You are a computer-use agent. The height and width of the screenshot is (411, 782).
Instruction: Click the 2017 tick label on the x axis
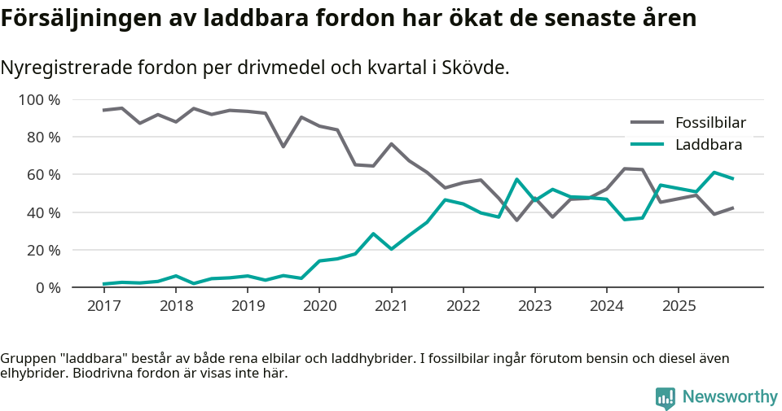click(103, 306)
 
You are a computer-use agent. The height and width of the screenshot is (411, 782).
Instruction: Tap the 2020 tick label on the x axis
click(319, 306)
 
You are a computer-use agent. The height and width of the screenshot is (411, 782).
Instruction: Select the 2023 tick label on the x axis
click(534, 306)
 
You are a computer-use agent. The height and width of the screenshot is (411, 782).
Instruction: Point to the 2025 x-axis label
click(678, 306)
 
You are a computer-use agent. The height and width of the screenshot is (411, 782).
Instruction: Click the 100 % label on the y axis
click(40, 100)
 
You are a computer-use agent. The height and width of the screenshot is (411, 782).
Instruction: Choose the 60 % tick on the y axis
click(43, 175)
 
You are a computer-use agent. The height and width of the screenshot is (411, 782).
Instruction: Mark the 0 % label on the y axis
click(47, 287)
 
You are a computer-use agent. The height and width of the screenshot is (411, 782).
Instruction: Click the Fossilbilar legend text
click(710, 123)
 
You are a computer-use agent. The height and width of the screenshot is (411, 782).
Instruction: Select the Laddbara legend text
click(708, 145)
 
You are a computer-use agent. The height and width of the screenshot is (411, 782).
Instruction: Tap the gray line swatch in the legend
click(648, 123)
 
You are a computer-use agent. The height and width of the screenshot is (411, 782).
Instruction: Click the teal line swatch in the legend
click(648, 145)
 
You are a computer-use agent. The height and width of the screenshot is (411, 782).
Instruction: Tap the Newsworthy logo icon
click(665, 397)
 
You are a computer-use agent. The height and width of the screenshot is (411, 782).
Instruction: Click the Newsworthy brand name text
click(730, 397)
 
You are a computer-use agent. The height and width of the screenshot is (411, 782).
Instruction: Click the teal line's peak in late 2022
click(516, 179)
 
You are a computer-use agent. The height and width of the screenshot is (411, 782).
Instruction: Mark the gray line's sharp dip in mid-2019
click(283, 146)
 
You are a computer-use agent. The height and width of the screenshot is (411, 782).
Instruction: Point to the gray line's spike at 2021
click(391, 144)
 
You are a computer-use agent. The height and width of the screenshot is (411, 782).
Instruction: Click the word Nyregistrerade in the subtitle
click(61, 68)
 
